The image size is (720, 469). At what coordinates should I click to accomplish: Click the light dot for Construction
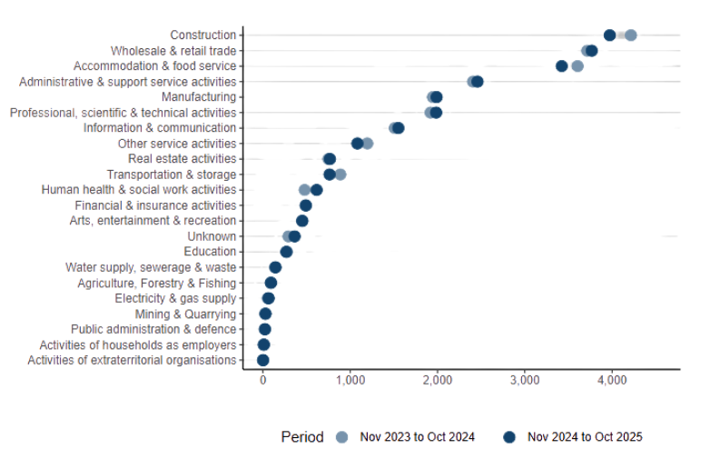point(630,35)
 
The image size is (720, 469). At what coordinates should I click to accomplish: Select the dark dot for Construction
point(609,35)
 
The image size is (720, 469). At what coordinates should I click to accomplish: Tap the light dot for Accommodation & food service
point(577,66)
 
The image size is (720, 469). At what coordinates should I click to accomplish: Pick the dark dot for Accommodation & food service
point(561,66)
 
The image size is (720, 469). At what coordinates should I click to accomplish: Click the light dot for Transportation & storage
point(340,175)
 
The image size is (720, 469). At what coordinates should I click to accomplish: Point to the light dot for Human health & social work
point(304,190)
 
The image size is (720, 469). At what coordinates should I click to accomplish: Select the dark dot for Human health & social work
point(316,190)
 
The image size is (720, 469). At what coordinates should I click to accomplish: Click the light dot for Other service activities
point(367,144)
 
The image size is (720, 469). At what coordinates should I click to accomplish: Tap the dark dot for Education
point(286,252)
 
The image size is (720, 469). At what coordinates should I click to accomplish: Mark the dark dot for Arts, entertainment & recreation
point(302,221)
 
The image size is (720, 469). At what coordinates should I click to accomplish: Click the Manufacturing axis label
point(198,97)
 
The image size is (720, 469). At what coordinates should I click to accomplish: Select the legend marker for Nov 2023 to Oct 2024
point(341,437)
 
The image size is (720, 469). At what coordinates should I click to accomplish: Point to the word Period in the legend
point(301,437)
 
